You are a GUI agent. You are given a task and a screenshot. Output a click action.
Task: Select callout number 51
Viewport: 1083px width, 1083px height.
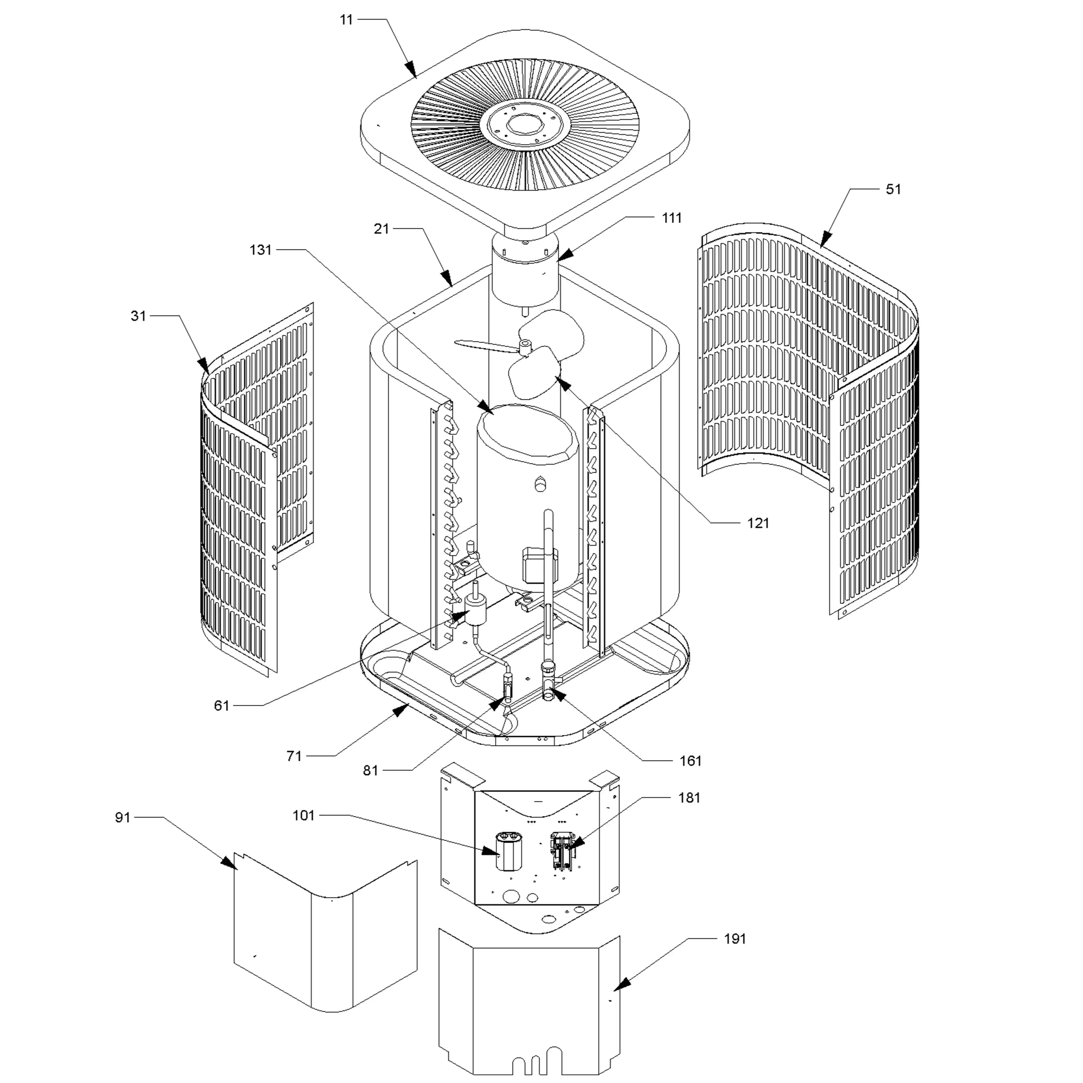(x=893, y=189)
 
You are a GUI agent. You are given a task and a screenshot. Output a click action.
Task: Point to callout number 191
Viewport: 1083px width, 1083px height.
(x=735, y=939)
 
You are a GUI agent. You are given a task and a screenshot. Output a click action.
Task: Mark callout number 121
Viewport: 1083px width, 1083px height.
(x=758, y=524)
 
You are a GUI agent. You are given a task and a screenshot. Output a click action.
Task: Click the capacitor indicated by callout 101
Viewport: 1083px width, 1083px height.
(x=506, y=852)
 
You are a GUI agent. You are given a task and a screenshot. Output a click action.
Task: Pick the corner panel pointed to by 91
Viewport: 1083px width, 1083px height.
(x=325, y=947)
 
